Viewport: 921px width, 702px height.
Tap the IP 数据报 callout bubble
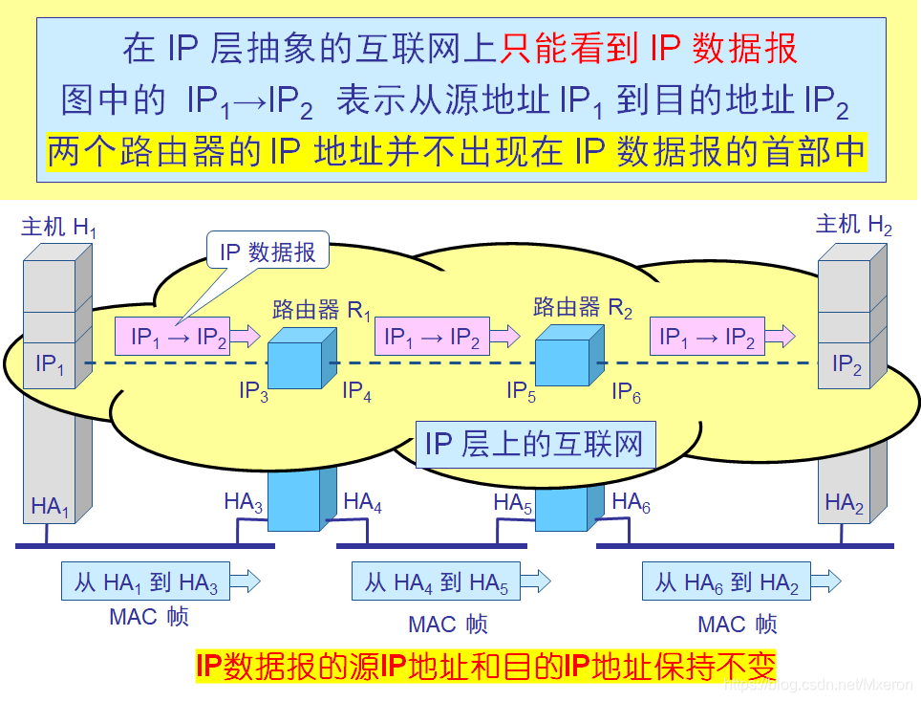pyautogui.click(x=268, y=252)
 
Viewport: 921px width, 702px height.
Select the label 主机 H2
pyautogui.click(x=854, y=225)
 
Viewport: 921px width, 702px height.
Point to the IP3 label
pyautogui.click(x=253, y=391)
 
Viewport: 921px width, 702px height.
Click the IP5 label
pyautogui.click(x=523, y=391)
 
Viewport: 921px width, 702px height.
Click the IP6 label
pyautogui.click(x=626, y=391)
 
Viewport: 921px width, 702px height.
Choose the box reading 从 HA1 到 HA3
pyautogui.click(x=146, y=581)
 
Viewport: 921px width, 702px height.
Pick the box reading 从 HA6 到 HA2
pyautogui.click(x=726, y=581)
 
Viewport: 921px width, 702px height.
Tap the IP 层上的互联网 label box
pyautogui.click(x=535, y=445)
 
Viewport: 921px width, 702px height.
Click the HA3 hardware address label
pyautogui.click(x=244, y=502)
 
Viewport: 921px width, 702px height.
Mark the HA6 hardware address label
pyautogui.click(x=631, y=502)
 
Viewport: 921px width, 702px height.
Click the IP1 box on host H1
pyautogui.click(x=50, y=364)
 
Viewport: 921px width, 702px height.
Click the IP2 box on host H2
pyautogui.click(x=846, y=364)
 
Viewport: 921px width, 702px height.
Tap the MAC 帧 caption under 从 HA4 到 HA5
pyautogui.click(x=448, y=625)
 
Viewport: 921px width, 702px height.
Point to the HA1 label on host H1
pyautogui.click(x=50, y=506)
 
